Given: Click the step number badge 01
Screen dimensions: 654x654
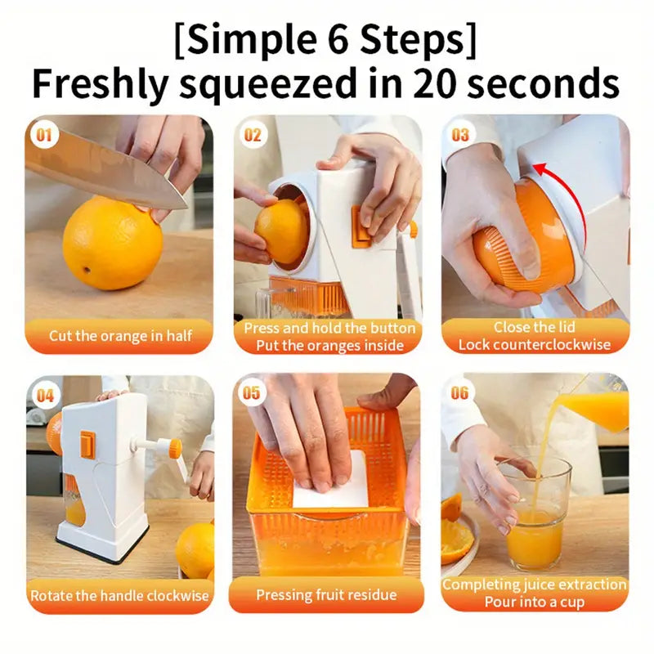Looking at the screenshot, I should (44, 134).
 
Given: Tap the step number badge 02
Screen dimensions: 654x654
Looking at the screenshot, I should (253, 134).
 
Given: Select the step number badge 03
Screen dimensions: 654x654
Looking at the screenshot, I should (460, 134).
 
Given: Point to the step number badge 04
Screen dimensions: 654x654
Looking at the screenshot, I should (44, 395).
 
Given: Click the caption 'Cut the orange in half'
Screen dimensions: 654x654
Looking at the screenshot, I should (119, 335).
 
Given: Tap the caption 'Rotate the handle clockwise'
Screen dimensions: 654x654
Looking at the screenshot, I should (119, 595).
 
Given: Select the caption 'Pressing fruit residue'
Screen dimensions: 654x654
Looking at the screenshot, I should (326, 595).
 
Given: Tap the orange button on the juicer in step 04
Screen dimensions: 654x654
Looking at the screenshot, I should (87, 445).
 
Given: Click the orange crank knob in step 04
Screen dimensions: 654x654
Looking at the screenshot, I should (174, 447).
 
